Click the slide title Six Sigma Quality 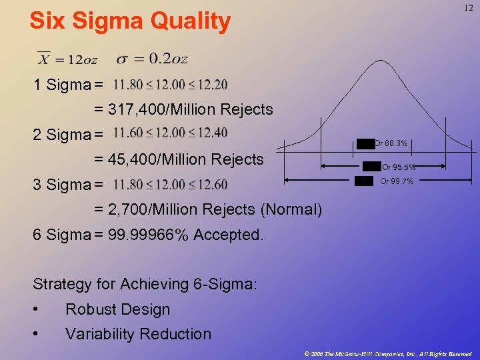point(130,21)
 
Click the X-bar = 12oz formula point(67,59)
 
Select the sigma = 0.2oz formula point(152,59)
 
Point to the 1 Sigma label point(62,85)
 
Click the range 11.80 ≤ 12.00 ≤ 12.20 point(170,85)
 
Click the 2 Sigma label point(62,135)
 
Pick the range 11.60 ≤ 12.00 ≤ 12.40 point(170,133)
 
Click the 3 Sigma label point(62,185)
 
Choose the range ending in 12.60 point(170,184)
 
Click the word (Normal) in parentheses point(291,209)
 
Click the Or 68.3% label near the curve point(390,143)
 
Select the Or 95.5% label point(398,167)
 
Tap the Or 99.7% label point(397,181)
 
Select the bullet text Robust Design point(117,309)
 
